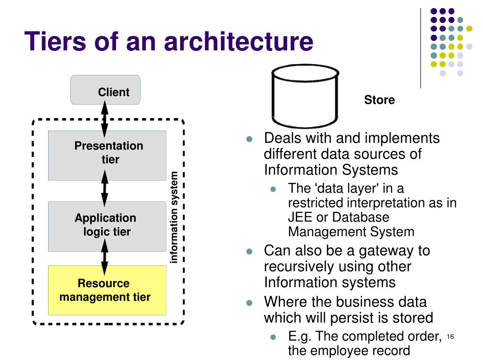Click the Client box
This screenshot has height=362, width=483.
[105, 90]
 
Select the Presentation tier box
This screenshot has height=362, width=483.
[107, 156]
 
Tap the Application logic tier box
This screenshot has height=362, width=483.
[107, 226]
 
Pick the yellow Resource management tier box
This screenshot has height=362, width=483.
[107, 290]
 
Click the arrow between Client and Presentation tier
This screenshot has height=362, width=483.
[105, 119]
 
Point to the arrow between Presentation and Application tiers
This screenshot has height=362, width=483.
[105, 189]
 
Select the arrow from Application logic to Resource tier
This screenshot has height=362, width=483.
[105, 257]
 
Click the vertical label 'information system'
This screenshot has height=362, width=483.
[174, 217]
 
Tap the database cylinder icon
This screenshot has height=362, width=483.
[305, 96]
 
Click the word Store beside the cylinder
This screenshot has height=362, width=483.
[380, 100]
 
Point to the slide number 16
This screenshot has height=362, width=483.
[450, 337]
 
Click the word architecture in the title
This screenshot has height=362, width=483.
[239, 41]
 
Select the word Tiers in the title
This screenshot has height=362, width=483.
[55, 41]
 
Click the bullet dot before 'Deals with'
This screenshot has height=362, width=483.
[249, 139]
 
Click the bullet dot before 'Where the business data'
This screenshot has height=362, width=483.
[249, 303]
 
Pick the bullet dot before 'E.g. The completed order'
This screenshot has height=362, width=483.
[273, 337]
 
